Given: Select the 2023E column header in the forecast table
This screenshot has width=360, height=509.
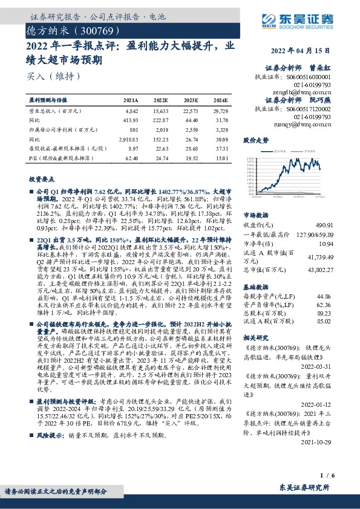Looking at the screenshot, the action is (x=191, y=99).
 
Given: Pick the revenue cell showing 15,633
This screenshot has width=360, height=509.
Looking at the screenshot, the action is (x=160, y=111).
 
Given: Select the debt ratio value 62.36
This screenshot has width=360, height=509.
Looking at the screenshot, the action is (x=324, y=305).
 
